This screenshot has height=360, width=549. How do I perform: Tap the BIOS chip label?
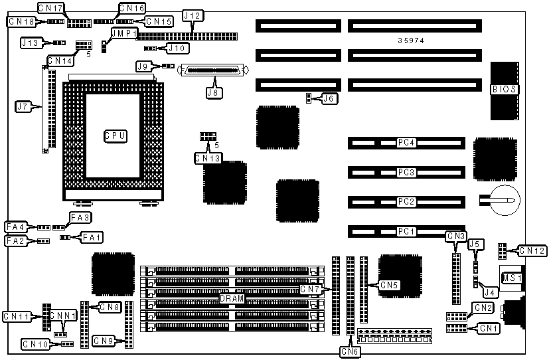click(505, 89)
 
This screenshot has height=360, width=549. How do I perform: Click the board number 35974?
click(411, 41)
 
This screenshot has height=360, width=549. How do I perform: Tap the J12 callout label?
click(193, 15)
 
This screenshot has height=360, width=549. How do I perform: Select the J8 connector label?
click(212, 92)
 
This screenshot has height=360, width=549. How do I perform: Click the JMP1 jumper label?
click(124, 33)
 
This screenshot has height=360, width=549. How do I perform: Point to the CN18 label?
click(21, 21)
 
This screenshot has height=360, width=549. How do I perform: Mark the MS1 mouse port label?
click(512, 278)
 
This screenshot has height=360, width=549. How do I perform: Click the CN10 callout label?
click(35, 344)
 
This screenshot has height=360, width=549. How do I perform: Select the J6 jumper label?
click(329, 99)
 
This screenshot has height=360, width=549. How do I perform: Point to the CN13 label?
click(208, 158)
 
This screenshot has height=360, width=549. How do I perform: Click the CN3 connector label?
click(456, 236)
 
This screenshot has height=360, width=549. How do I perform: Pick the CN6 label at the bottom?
click(350, 351)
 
